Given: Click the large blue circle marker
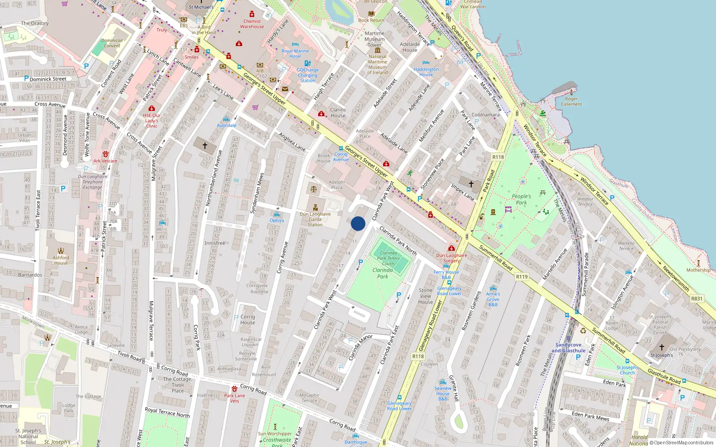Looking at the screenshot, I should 358,223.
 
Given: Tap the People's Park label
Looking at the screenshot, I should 521,199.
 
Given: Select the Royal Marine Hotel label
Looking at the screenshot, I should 295,54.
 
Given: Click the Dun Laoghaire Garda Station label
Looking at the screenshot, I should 315,219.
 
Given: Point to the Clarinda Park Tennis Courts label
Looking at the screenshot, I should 388,258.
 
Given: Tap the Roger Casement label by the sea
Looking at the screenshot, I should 571,101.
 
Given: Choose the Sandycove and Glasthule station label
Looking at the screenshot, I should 568,348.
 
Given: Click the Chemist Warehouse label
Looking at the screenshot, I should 252,24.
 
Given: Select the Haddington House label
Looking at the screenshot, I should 426,72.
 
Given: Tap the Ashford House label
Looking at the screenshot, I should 61,260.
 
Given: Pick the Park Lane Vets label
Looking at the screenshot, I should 234,398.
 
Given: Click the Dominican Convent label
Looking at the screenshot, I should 112,43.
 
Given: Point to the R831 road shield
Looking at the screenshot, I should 697,299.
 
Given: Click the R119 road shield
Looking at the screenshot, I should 522,277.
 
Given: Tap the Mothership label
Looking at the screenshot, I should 698,270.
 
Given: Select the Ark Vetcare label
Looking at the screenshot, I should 105,161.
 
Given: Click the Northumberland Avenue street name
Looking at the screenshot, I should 214,178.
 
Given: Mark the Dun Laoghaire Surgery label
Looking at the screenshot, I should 452,258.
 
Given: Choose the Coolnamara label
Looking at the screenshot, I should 486,115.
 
